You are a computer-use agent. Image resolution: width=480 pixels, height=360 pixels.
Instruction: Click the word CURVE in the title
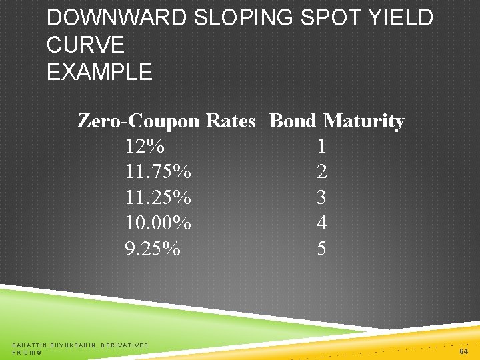[85, 45]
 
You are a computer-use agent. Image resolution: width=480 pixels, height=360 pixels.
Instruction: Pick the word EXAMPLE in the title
[99, 71]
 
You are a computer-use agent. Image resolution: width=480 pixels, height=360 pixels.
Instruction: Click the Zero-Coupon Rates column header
[167, 121]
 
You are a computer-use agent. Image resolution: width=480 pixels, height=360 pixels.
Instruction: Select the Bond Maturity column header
[337, 121]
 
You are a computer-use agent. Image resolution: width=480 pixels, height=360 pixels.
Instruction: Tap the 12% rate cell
[145, 146]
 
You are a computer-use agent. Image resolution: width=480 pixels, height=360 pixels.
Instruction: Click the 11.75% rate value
[158, 172]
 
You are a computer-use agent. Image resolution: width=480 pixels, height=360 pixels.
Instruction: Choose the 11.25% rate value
[158, 197]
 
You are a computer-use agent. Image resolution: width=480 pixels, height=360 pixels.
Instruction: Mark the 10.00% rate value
[158, 223]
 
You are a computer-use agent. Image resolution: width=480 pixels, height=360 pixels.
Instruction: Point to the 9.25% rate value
[153, 249]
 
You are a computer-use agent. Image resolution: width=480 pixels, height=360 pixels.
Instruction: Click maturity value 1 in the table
[322, 146]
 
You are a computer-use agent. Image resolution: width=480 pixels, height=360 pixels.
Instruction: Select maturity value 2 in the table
[322, 172]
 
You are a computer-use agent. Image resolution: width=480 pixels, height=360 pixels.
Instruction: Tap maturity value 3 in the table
[322, 197]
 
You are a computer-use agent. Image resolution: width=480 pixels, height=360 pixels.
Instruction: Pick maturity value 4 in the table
[322, 223]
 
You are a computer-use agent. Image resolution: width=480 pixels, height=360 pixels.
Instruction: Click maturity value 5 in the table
[322, 249]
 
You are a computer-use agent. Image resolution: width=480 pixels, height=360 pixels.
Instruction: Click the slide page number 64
[465, 351]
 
